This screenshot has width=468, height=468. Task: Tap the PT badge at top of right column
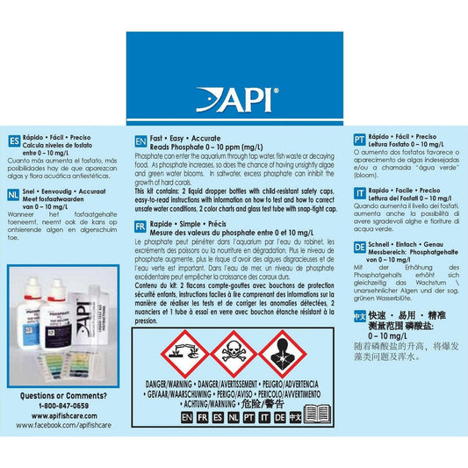359,140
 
